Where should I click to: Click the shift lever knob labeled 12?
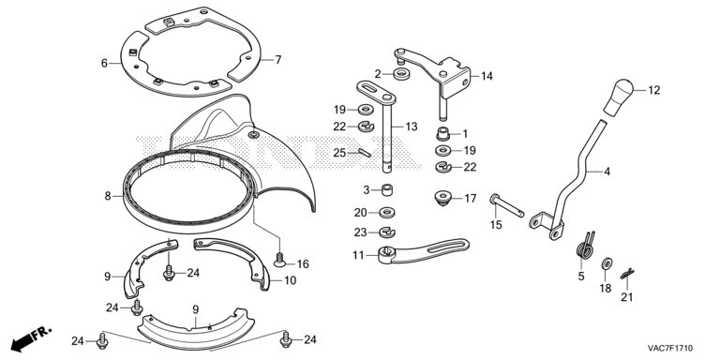(x=618, y=97)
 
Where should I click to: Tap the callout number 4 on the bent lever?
(x=607, y=172)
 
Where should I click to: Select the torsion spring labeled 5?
(x=585, y=246)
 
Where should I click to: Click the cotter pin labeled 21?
(x=627, y=274)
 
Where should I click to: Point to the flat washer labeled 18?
(x=607, y=264)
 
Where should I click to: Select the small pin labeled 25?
(x=365, y=153)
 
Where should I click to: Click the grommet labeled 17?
(x=442, y=199)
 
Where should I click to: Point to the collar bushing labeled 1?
(x=442, y=134)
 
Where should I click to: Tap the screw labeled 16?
(x=279, y=260)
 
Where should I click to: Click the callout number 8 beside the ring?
(x=108, y=196)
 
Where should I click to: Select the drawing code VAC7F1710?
(x=670, y=348)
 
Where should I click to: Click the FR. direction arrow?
(x=31, y=338)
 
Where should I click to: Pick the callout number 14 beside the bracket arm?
(x=487, y=76)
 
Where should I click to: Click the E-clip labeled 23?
(x=387, y=232)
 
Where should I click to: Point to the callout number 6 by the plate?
(x=104, y=63)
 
